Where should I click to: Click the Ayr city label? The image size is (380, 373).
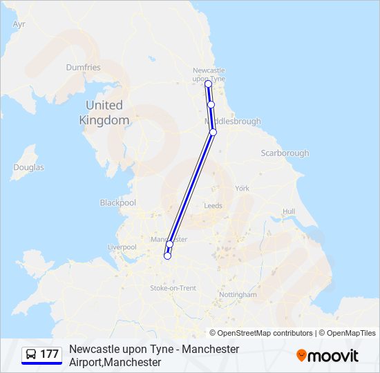(19, 23)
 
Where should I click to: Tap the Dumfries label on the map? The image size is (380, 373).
(83, 68)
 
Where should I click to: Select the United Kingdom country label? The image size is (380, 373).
(104, 113)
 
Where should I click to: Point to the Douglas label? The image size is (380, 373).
(28, 167)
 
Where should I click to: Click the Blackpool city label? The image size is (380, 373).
(118, 203)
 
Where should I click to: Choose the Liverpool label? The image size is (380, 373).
(122, 247)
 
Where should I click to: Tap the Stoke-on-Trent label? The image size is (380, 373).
(173, 288)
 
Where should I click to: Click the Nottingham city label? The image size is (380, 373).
(237, 294)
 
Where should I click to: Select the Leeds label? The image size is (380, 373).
(213, 206)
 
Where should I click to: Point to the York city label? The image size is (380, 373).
(242, 188)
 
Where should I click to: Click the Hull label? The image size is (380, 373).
(289, 211)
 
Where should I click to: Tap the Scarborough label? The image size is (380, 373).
(285, 153)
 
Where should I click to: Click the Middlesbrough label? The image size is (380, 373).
(234, 122)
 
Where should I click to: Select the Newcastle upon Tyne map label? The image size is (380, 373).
(209, 75)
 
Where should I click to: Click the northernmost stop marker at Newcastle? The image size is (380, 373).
(208, 84)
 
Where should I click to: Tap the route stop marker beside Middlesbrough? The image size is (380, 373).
(213, 132)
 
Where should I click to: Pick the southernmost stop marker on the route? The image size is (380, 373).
(167, 256)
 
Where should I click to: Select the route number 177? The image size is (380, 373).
(50, 354)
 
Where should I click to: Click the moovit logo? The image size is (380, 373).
(327, 355)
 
